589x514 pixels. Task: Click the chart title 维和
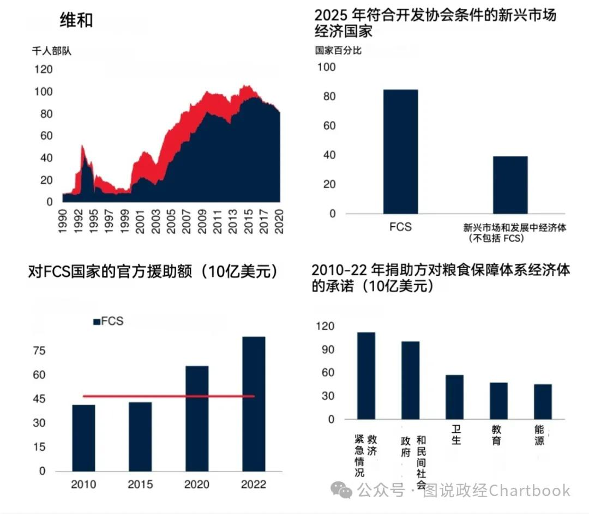76,20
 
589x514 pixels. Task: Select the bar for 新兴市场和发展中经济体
510,185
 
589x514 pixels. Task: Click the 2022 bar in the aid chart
254,403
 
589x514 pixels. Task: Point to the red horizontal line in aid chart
169,396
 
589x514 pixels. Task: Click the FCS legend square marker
97,322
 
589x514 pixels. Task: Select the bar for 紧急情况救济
366,376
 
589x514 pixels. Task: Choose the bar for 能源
543,402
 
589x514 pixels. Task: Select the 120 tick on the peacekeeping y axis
43,69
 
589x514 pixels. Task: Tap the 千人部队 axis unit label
52,52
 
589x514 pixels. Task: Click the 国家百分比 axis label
338,51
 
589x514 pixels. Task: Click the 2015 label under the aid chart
140,485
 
